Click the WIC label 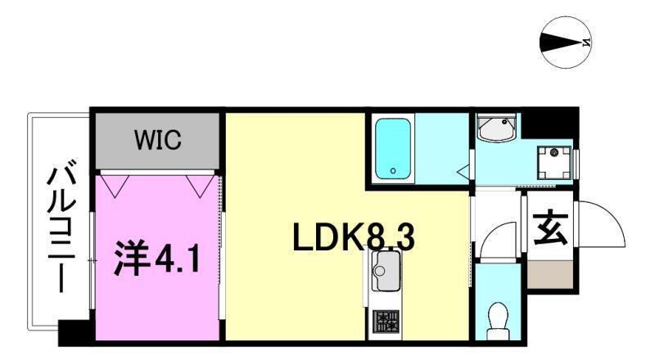(158, 140)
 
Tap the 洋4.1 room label (156, 259)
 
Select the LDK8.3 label (354, 236)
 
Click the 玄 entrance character (550, 229)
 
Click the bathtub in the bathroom (393, 149)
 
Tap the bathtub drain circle (393, 171)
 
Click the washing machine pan (554, 163)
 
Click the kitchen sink (385, 272)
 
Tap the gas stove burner (386, 322)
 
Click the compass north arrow (561, 42)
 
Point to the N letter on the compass (587, 42)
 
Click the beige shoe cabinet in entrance (549, 274)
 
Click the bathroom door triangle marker (463, 171)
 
